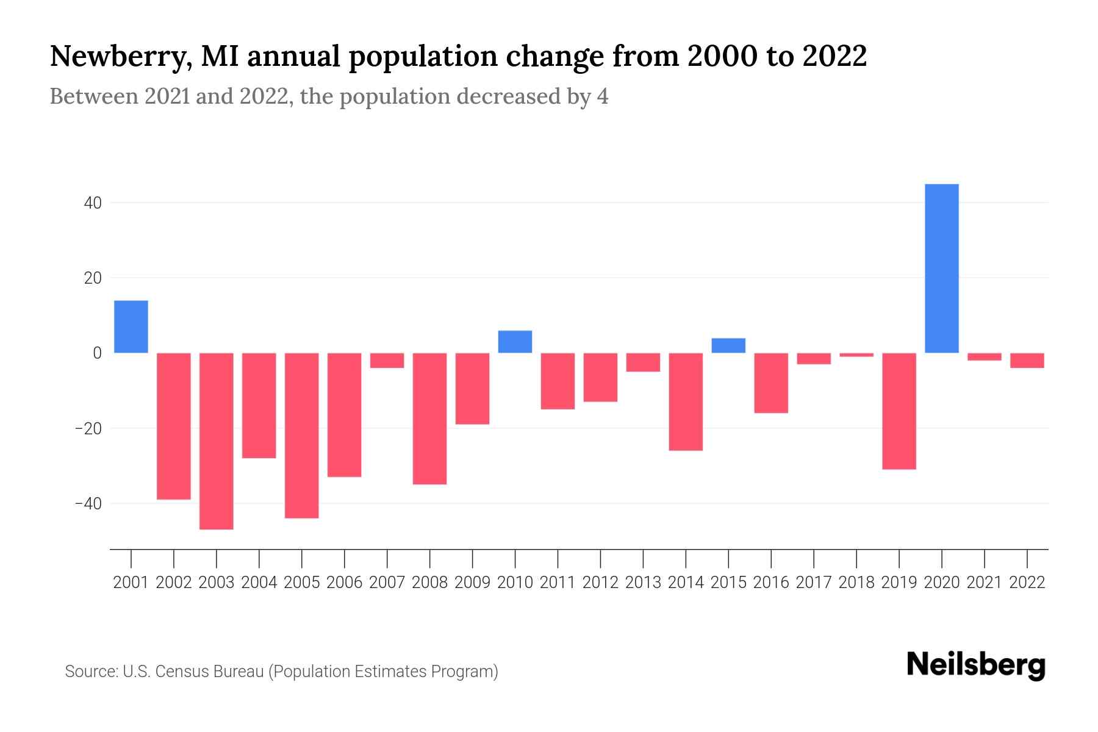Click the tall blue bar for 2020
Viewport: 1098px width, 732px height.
pos(941,268)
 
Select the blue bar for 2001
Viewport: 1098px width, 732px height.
pos(131,326)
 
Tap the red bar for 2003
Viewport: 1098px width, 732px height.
pos(217,440)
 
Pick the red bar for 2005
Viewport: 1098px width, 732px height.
pos(302,435)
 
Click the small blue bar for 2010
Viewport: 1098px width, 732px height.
pos(515,342)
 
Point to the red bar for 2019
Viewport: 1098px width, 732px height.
pos(899,411)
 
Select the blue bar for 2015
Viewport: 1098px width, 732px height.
pos(728,345)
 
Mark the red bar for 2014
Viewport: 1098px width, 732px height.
pos(686,401)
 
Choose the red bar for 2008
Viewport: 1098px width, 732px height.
pos(429,418)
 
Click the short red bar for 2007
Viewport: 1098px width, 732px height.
pos(387,361)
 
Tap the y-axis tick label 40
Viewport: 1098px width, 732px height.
pos(91,203)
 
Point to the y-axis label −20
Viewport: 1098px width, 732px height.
pos(88,428)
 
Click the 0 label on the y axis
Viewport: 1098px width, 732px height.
pos(96,353)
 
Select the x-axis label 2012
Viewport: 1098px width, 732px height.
pos(600,583)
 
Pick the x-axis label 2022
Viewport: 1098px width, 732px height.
pos(1027,583)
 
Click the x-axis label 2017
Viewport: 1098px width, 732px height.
pos(814,583)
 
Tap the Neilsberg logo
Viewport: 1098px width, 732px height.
pos(976,666)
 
